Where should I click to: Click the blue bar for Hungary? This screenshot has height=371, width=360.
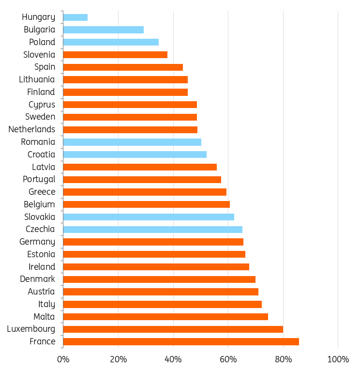click(75, 17)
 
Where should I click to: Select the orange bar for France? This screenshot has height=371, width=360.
click(181, 342)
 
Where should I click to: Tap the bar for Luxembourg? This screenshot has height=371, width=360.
click(173, 329)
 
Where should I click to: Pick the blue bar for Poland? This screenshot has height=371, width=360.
click(111, 42)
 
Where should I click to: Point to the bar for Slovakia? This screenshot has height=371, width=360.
click(149, 217)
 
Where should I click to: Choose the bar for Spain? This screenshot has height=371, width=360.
click(123, 67)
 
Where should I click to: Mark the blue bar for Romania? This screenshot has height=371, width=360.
click(132, 142)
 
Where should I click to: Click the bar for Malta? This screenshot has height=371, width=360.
click(165, 317)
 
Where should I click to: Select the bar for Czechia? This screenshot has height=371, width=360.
click(152, 230)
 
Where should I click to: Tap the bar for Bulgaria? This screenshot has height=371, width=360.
click(104, 30)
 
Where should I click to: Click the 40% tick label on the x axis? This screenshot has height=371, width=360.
click(173, 359)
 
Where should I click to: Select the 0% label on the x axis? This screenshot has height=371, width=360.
click(63, 359)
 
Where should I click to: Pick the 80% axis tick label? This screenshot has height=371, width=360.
click(283, 359)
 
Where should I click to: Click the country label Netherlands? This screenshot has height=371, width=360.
click(32, 129)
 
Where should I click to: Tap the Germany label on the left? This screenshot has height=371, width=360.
click(37, 242)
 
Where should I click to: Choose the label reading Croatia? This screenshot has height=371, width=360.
click(41, 155)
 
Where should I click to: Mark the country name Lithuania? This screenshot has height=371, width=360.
click(37, 79)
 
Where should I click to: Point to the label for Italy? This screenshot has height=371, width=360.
click(46, 304)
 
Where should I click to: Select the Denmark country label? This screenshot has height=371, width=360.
click(37, 279)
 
